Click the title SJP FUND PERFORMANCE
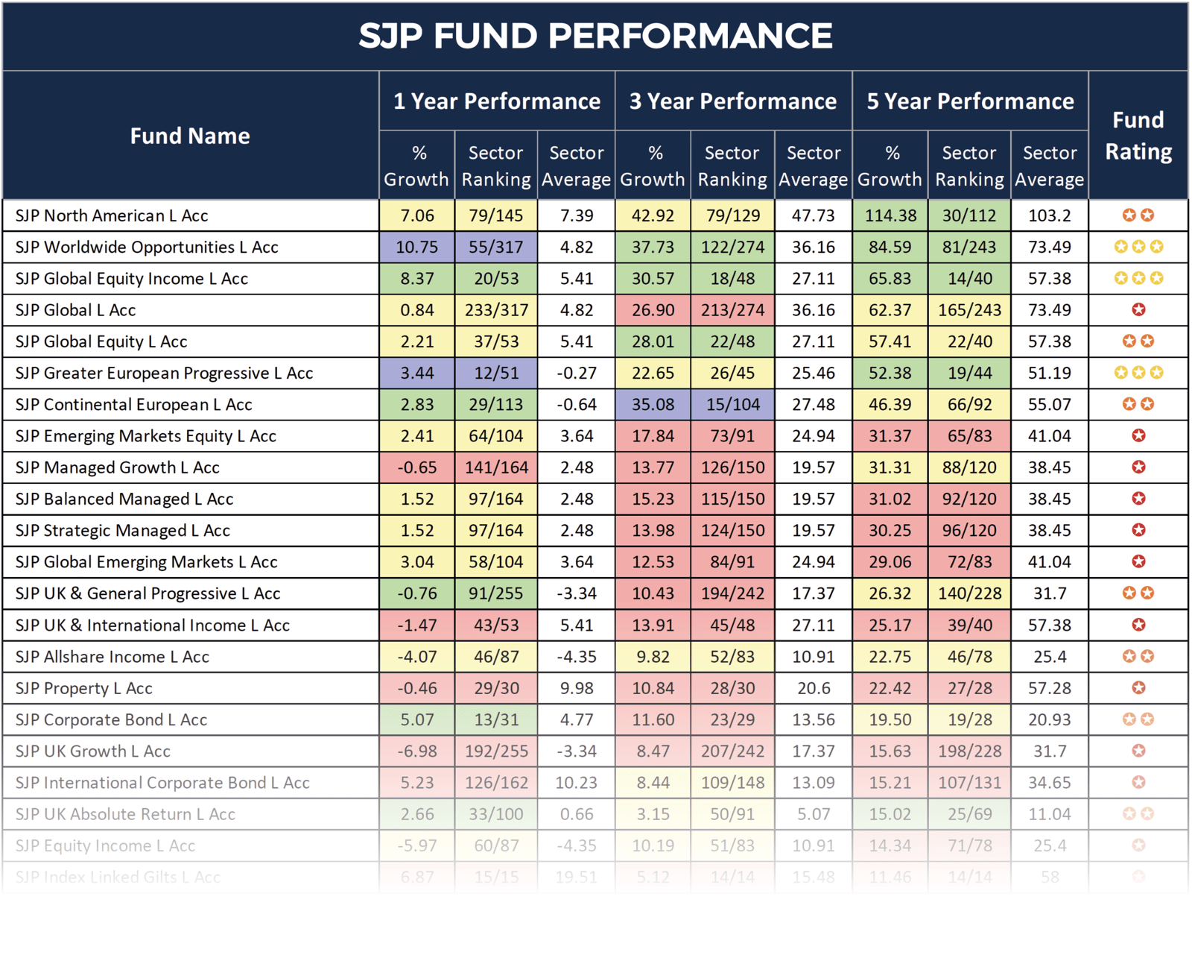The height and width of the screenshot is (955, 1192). (x=595, y=36)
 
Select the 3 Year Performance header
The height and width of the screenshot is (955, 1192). (x=733, y=101)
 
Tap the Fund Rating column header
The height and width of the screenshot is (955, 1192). (x=1138, y=136)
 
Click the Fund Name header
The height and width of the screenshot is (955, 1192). (x=190, y=136)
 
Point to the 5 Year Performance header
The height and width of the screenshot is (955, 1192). (x=970, y=101)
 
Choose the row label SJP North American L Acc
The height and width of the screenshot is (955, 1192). (x=112, y=215)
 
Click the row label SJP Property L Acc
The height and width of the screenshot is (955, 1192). (x=83, y=688)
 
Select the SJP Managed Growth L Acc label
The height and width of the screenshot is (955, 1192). (x=117, y=467)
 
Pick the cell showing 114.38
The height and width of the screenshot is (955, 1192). (x=890, y=215)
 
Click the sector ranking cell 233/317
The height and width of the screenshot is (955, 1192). (x=496, y=310)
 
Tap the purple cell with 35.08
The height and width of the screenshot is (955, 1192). (x=653, y=405)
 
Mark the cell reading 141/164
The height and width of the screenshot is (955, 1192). (x=496, y=467)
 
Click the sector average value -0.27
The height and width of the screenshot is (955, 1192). (x=577, y=373)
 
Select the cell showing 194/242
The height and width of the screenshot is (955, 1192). (x=733, y=593)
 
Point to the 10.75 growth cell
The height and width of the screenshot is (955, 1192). (x=416, y=247)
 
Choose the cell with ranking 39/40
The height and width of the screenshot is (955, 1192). (x=969, y=625)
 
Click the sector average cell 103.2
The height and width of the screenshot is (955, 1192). (x=1050, y=215)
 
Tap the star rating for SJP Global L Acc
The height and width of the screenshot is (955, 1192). (x=1138, y=310)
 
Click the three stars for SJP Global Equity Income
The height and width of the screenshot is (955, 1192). (x=1138, y=278)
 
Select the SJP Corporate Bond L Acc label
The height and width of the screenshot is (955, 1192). (x=111, y=720)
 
